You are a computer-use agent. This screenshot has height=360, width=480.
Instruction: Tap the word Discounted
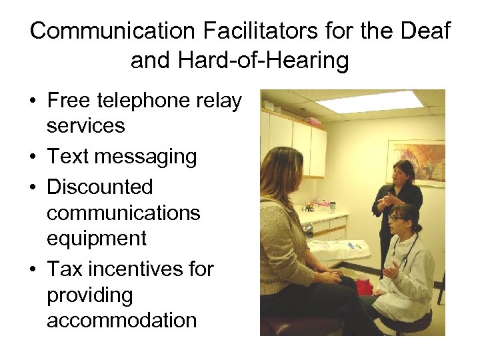click(x=100, y=187)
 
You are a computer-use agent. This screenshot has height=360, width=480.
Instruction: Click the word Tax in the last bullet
click(x=64, y=269)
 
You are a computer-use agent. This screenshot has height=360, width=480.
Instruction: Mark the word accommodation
click(x=121, y=320)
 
